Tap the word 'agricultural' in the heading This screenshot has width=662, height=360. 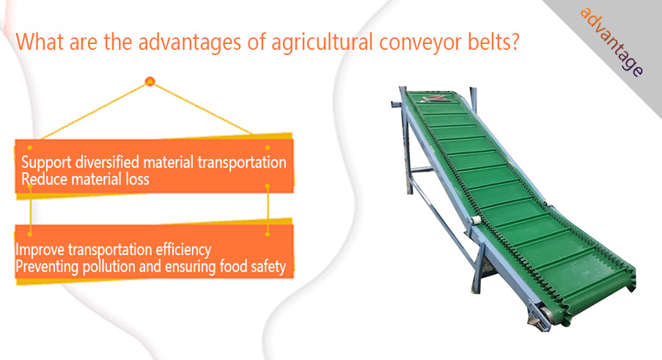point(322,43)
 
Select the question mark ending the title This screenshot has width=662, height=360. point(515,42)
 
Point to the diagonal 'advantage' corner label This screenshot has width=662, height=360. point(611,42)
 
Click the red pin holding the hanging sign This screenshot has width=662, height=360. point(150,81)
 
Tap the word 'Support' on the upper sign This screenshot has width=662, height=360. point(46,163)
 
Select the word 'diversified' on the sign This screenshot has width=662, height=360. point(108,161)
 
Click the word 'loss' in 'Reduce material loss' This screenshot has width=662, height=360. point(137,179)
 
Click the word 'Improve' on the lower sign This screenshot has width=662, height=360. point(40,250)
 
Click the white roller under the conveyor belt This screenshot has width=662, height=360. point(476,221)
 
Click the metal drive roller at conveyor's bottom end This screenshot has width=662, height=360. point(545,315)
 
